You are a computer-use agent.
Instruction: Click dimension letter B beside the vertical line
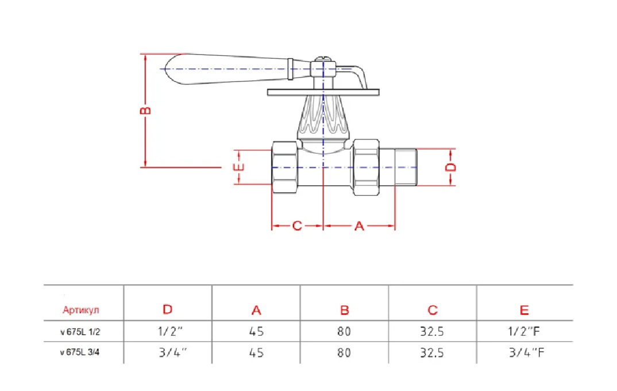[145, 110]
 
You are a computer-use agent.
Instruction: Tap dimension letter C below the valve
[297, 226]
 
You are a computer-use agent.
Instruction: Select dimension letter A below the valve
[359, 226]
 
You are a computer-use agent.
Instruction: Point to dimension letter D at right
[451, 167]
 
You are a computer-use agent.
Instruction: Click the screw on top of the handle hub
[323, 59]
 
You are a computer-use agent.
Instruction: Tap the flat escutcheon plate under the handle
[323, 92]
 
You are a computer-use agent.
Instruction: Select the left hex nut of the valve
[285, 167]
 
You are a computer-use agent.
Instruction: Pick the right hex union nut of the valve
[366, 167]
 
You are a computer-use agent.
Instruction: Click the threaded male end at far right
[406, 167]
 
